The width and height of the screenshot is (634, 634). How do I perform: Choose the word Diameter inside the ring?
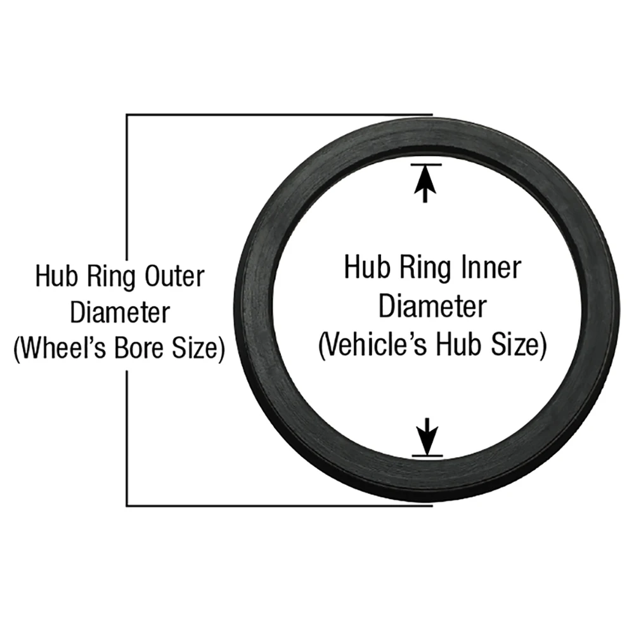[432, 307]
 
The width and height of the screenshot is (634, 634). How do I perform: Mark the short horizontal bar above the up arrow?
[425, 165]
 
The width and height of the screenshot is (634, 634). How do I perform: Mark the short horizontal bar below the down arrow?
[427, 455]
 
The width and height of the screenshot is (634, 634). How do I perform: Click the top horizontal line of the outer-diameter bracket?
[279, 115]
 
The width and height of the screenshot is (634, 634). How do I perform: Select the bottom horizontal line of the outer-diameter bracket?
[279, 506]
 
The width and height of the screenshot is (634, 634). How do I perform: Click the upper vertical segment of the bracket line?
[127, 184]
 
